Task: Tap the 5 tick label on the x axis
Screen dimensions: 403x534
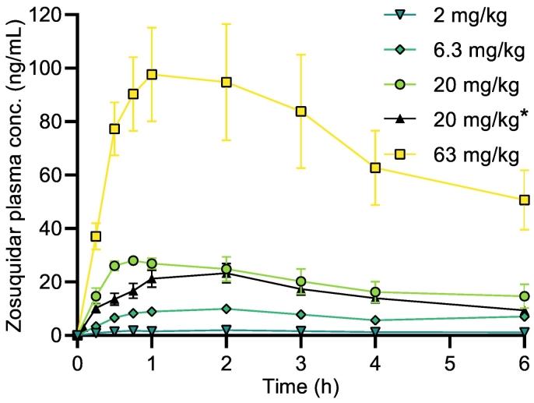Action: point(449,365)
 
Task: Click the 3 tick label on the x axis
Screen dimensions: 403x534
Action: point(300,365)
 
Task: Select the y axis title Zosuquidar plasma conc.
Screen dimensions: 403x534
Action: point(15,175)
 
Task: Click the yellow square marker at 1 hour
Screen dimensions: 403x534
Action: point(152,75)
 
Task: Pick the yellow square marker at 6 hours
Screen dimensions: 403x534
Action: point(524,200)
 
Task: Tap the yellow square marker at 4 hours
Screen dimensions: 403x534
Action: point(375,168)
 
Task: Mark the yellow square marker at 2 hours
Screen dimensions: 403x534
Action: point(227,82)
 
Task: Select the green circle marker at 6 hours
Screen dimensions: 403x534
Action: point(524,296)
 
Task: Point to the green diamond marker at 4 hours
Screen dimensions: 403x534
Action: point(375,320)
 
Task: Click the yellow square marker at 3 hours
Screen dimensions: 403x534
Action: point(300,111)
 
